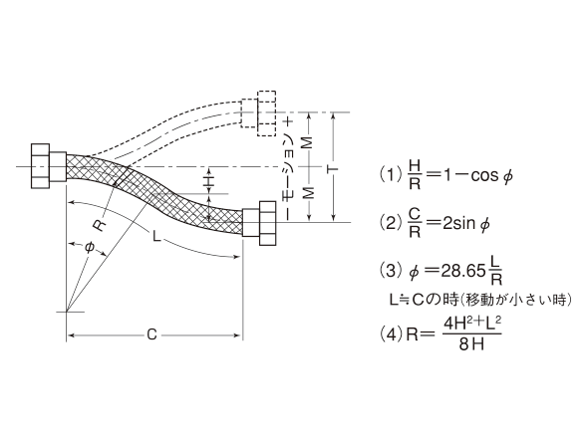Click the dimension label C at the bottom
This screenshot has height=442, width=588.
pos(151,334)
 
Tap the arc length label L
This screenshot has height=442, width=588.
pos(156,236)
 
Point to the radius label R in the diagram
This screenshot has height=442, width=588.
pos(100,226)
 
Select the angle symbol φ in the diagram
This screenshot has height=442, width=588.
pos(89,248)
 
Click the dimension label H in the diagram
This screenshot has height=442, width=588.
pos(209,181)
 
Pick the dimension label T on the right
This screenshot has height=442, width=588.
pos(332,169)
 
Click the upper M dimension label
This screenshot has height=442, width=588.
pos(308,142)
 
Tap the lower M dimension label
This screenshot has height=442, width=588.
pos(308,192)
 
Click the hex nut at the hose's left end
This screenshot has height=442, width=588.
pos(40,166)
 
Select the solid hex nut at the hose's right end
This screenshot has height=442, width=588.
pos(268,223)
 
